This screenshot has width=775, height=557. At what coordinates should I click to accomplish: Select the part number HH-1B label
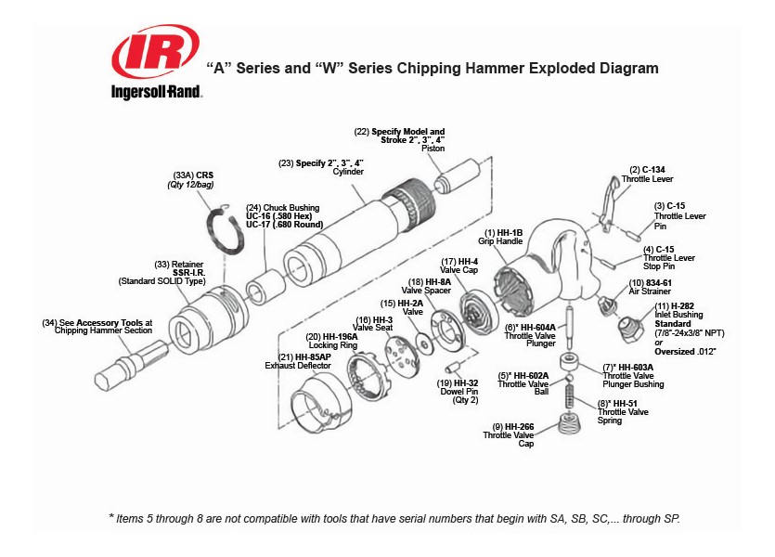click(510, 231)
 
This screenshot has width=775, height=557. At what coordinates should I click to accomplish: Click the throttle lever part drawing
click(608, 200)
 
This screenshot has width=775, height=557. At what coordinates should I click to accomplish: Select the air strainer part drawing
click(607, 302)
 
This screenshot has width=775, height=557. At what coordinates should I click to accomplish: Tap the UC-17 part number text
click(259, 224)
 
